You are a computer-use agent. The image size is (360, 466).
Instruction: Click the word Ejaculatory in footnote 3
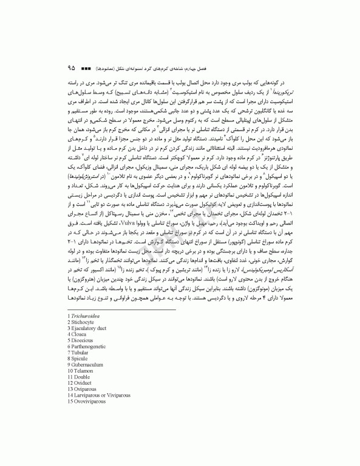tap(88, 328)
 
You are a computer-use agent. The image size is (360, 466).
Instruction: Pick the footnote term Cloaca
tap(81, 334)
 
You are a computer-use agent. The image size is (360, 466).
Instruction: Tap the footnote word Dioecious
tap(84, 340)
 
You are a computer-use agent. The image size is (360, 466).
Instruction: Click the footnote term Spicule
tap(82, 358)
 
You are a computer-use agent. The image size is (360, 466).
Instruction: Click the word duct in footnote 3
tap(108, 328)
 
